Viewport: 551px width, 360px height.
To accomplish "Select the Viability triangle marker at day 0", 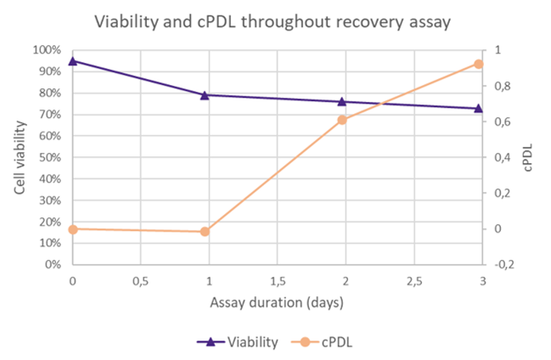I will (73, 61).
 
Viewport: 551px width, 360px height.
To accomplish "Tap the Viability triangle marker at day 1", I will (205, 95).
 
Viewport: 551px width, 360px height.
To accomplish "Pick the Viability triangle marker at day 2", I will (342, 102).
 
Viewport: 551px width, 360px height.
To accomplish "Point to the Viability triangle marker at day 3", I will (478, 108).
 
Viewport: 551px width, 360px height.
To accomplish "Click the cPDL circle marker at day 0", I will (73, 229).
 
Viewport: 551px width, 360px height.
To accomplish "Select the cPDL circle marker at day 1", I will (205, 232).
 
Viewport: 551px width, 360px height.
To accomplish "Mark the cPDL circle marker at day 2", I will (342, 120).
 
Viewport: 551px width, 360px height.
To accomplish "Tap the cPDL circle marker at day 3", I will (478, 64).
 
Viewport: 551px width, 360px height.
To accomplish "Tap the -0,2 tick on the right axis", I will (503, 264).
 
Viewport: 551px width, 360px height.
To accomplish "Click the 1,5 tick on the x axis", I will (278, 281).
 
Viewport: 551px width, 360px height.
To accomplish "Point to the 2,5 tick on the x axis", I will (414, 281).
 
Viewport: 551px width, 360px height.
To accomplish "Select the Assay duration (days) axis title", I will (278, 301).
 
